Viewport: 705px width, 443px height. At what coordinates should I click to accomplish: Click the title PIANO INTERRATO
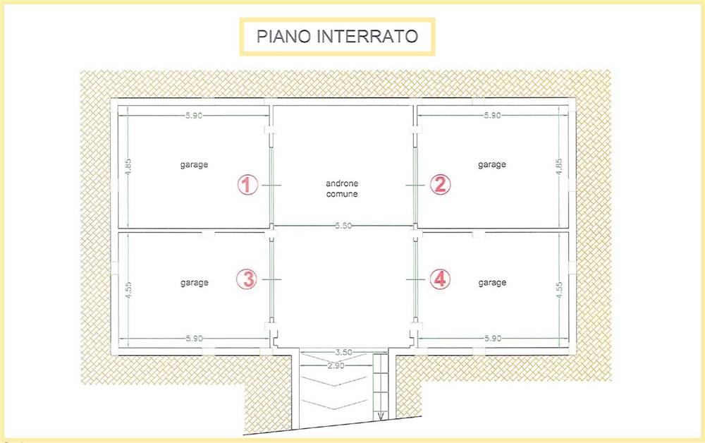[337, 37]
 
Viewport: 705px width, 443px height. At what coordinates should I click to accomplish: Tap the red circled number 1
[247, 185]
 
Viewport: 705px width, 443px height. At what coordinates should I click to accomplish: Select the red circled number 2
[440, 184]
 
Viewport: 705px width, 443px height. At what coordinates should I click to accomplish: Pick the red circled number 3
[247, 279]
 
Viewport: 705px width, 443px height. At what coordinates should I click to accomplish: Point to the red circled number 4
[440, 279]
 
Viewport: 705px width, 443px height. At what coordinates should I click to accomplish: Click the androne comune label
[342, 189]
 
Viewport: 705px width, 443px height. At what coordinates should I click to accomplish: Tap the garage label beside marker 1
[195, 164]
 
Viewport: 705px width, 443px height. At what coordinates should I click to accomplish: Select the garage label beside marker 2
[492, 164]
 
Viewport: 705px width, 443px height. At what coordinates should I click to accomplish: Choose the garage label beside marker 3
[195, 283]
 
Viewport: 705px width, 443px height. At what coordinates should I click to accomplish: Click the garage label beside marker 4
[492, 283]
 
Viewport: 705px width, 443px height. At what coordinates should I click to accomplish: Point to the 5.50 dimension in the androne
[343, 226]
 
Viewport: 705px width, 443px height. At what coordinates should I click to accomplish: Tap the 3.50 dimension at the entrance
[343, 352]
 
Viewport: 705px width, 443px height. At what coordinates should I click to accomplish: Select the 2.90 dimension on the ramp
[336, 365]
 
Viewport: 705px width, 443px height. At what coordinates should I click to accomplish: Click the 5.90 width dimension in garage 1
[194, 116]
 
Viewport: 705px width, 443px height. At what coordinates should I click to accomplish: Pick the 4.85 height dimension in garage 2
[559, 167]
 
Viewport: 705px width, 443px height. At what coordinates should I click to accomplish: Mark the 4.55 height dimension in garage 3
[128, 290]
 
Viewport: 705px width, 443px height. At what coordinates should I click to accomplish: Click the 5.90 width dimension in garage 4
[493, 338]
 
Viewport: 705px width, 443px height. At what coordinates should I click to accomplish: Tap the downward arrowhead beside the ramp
[381, 415]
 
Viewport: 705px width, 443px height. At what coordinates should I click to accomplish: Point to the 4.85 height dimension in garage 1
[128, 167]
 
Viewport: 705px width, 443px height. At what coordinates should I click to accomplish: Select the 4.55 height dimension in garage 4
[559, 290]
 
